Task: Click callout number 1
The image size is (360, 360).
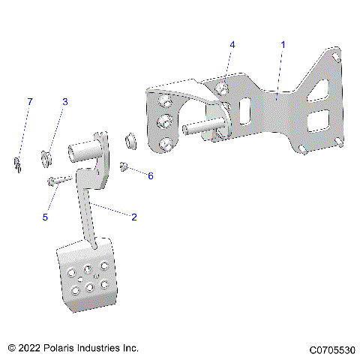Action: (283, 45)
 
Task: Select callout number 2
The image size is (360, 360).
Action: (134, 217)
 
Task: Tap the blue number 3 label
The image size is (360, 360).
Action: (64, 101)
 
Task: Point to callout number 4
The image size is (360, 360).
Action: (232, 45)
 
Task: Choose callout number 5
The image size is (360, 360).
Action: (45, 217)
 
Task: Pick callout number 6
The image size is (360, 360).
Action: (150, 175)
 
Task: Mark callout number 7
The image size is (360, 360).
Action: (30, 101)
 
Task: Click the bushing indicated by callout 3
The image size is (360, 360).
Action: (46, 157)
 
